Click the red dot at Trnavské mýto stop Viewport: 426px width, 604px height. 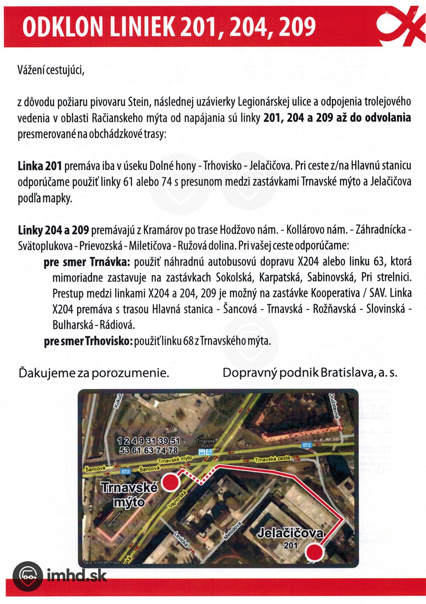170,482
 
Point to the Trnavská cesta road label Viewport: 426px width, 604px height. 272,459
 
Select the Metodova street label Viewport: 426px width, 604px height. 233,531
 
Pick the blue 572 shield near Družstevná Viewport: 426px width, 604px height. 306,445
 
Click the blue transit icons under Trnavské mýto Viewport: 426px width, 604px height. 205,452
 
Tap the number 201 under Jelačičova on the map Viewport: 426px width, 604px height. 290,545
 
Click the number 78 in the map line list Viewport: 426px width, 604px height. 173,450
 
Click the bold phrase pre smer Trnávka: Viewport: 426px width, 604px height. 87,262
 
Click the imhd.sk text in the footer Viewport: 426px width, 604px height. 77,576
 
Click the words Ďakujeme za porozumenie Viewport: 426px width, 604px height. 94,373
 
